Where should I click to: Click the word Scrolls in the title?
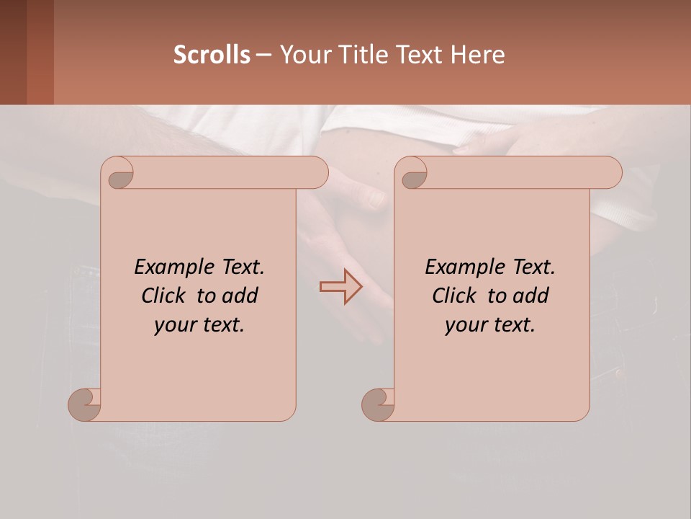tap(212, 55)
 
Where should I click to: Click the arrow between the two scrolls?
tap(341, 287)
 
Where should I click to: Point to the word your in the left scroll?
tap(173, 325)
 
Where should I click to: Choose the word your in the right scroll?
tap(465, 325)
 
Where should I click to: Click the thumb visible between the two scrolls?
tap(376, 197)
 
